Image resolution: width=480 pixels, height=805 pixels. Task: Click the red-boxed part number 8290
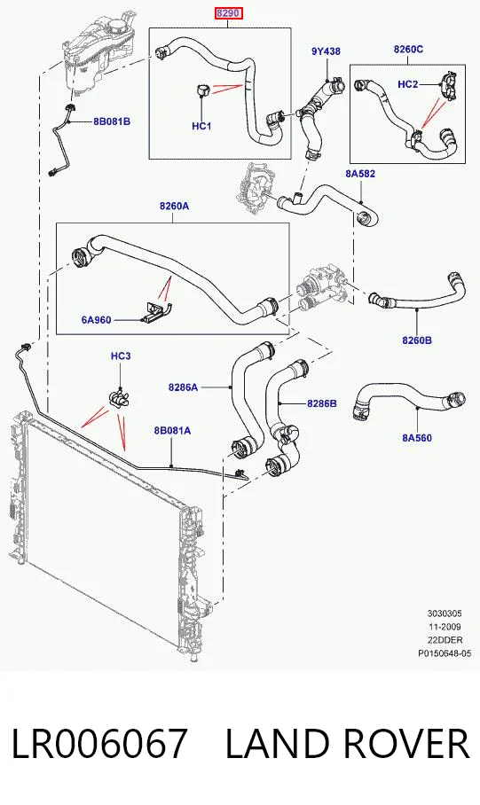pyautogui.click(x=228, y=14)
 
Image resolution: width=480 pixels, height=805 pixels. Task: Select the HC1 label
pyautogui.click(x=201, y=126)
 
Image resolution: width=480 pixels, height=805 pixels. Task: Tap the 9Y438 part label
pyautogui.click(x=326, y=51)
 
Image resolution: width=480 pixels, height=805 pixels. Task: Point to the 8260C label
pyautogui.click(x=408, y=50)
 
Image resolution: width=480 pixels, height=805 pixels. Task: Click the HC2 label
pyautogui.click(x=408, y=84)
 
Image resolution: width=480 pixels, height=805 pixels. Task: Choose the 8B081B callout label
pyautogui.click(x=112, y=121)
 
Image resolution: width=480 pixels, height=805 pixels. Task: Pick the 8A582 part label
pyautogui.click(x=360, y=174)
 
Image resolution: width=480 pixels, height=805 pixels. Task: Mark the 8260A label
pyautogui.click(x=174, y=207)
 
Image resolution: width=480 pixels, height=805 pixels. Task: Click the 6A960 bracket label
pyautogui.click(x=96, y=320)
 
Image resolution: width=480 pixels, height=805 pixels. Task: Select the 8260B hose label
pyautogui.click(x=417, y=340)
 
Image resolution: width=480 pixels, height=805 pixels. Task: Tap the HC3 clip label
pyautogui.click(x=121, y=356)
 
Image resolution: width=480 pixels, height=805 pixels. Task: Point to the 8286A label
pyautogui.click(x=183, y=387)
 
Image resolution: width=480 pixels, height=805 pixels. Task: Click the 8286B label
pyautogui.click(x=322, y=403)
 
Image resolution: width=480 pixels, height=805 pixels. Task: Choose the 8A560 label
pyautogui.click(x=417, y=438)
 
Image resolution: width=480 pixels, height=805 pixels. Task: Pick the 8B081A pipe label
pyautogui.click(x=172, y=430)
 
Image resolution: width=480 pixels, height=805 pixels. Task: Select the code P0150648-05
pyautogui.click(x=445, y=653)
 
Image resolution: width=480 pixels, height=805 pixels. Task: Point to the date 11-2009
pyautogui.click(x=445, y=627)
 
